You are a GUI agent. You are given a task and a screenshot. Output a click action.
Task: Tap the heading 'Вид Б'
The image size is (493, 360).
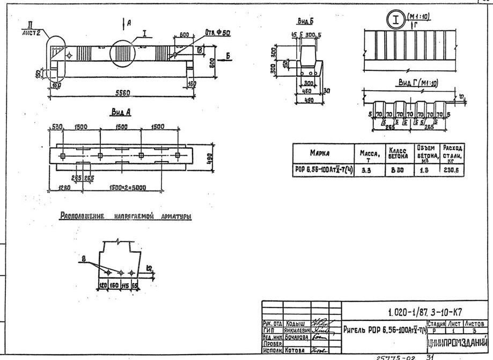pyautogui.click(x=305, y=21)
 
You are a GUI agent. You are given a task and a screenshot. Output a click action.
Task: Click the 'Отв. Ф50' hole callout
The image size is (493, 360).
pyautogui.click(x=217, y=34)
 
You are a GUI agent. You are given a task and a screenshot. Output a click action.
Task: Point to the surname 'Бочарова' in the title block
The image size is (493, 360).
pyautogui.click(x=296, y=338)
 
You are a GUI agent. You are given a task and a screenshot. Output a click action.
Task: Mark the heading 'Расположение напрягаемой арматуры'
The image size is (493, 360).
pyautogui.click(x=126, y=216)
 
